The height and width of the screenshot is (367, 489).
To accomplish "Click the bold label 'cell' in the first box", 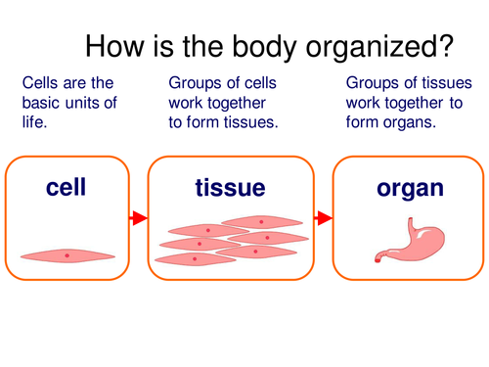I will click(x=67, y=187).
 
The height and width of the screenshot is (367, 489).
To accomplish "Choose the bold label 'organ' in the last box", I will click(x=404, y=187).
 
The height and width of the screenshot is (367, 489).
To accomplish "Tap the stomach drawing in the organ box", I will click(x=405, y=240).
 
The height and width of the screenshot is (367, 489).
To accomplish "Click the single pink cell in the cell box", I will click(x=67, y=255).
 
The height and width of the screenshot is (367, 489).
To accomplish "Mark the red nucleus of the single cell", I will click(x=67, y=255).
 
